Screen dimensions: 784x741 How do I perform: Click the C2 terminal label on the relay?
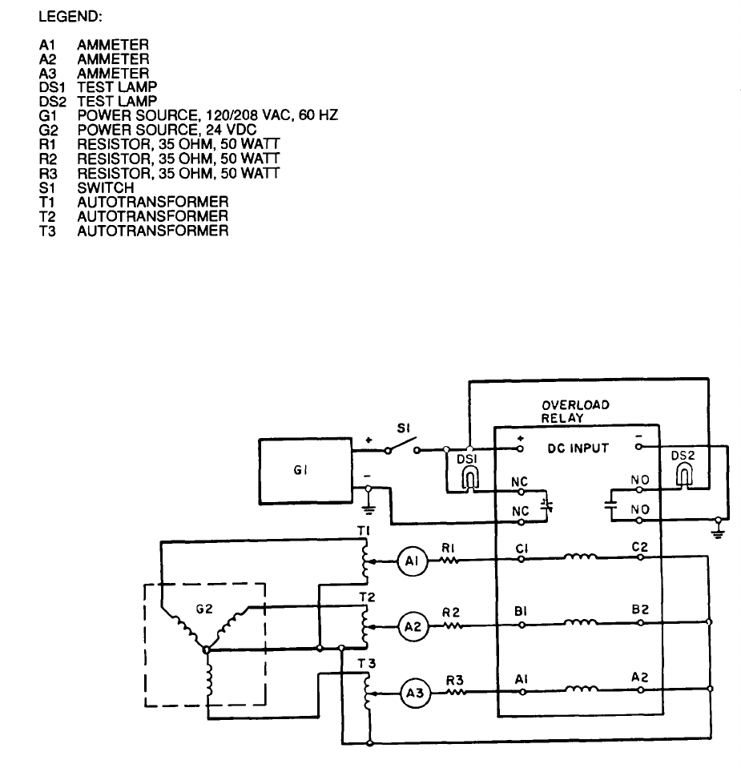coord(638,548)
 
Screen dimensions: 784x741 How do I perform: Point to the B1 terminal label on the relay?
coord(521,611)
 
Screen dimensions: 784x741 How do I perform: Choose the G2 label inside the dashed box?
coord(204,609)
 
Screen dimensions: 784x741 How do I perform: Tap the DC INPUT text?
coord(578,448)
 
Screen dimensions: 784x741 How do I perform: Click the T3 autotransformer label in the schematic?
coord(364,661)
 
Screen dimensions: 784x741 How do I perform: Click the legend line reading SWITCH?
coord(100,187)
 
